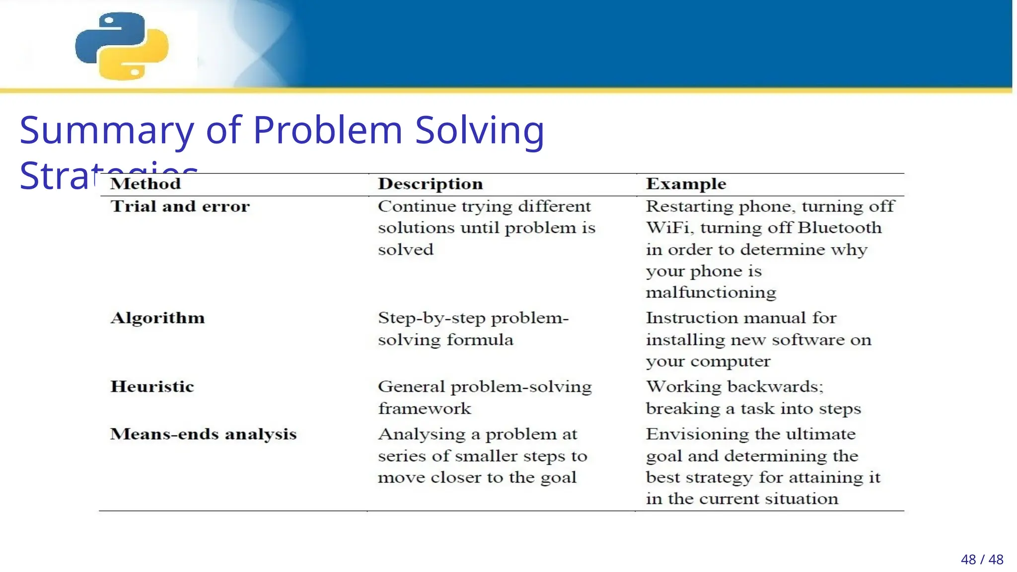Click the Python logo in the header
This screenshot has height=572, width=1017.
tap(122, 46)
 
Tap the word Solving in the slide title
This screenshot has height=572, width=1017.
tap(479, 131)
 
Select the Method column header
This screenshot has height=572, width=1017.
tap(145, 184)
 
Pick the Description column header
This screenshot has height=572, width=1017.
tap(430, 184)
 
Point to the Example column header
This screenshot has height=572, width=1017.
tap(686, 184)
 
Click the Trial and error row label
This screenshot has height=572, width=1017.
tap(180, 207)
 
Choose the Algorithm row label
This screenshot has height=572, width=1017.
tap(157, 318)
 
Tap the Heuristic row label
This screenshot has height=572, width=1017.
tap(152, 387)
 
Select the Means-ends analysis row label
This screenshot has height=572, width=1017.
tap(203, 434)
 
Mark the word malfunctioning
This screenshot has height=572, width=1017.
tap(711, 292)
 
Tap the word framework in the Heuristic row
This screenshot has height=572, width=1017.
tap(424, 409)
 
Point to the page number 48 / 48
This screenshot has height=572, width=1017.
tap(982, 560)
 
